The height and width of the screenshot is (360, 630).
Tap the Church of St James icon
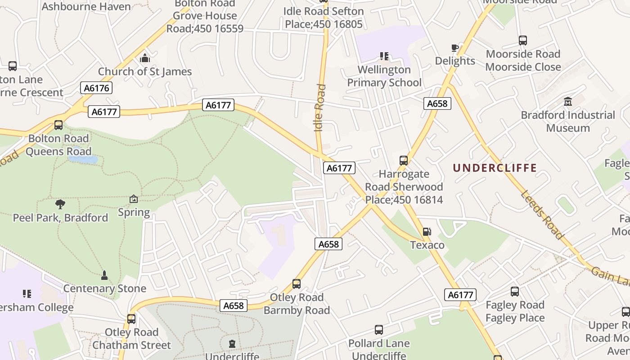click(x=144, y=58)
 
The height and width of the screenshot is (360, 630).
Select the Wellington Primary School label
click(x=384, y=76)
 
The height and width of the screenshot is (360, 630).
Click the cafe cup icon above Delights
click(x=454, y=48)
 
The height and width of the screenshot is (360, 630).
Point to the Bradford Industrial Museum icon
click(x=567, y=102)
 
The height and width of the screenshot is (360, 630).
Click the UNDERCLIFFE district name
click(x=495, y=168)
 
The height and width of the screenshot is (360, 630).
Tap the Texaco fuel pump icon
click(x=427, y=232)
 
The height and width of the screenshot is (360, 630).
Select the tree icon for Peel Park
click(x=60, y=204)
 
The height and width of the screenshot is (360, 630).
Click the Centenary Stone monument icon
click(x=104, y=275)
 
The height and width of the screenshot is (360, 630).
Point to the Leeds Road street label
click(x=542, y=215)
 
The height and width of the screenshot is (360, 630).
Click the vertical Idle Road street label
click(x=319, y=108)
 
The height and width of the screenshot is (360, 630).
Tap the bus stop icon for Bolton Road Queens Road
click(x=58, y=125)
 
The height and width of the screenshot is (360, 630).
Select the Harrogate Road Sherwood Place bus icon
click(x=404, y=161)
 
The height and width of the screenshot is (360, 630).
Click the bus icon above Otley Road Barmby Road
click(x=296, y=284)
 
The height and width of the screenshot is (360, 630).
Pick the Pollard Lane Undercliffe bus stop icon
click(x=379, y=330)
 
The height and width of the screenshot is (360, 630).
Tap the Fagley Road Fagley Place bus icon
click(x=514, y=292)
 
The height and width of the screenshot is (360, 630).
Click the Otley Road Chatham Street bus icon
click(x=131, y=319)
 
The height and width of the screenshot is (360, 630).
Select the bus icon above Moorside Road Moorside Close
click(x=522, y=40)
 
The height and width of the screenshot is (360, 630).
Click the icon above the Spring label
click(x=134, y=199)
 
